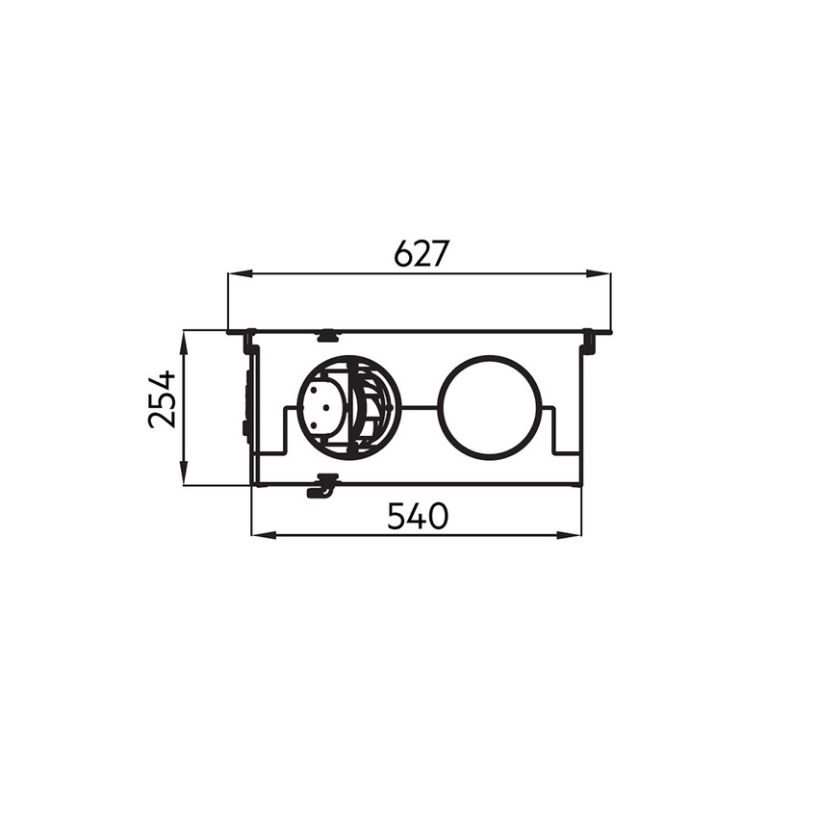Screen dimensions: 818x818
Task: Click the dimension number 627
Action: (x=422, y=253)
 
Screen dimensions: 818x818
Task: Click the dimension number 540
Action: (x=418, y=516)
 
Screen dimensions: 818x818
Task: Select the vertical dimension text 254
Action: (x=163, y=398)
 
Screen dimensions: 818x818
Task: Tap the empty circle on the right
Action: (x=491, y=407)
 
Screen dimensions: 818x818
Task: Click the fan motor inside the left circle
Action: (x=322, y=408)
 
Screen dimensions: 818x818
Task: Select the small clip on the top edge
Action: (x=327, y=336)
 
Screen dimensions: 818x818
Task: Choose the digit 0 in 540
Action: (x=438, y=516)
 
